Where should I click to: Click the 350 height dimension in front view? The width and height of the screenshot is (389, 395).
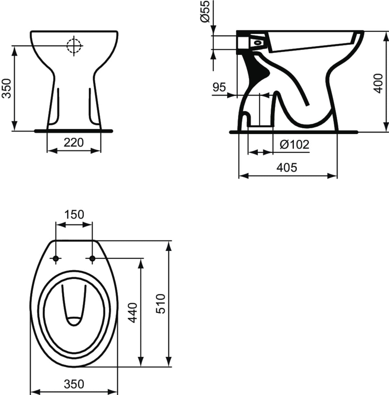pos(7,88)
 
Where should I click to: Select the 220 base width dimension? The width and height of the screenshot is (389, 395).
pos(74,142)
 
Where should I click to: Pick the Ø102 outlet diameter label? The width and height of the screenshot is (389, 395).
pos(294,144)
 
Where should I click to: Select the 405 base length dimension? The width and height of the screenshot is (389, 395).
pos(287,168)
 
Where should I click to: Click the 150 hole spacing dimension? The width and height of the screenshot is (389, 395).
pos(74,215)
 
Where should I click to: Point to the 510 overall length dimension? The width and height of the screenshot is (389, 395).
pos(161,303)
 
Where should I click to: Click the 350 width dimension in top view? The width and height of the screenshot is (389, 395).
pos(74,384)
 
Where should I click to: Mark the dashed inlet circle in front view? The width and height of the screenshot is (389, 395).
pos(74,46)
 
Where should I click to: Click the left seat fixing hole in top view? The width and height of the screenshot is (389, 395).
pos(56,258)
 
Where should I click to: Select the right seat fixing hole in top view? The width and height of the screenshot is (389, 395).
pos(92,258)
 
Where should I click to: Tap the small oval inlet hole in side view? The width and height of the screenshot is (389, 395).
pos(258,42)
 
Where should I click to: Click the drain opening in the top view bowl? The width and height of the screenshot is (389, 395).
pos(74,321)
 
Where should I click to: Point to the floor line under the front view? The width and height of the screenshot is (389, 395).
pos(74,131)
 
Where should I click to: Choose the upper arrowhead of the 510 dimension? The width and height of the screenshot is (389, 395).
pos(168,246)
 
